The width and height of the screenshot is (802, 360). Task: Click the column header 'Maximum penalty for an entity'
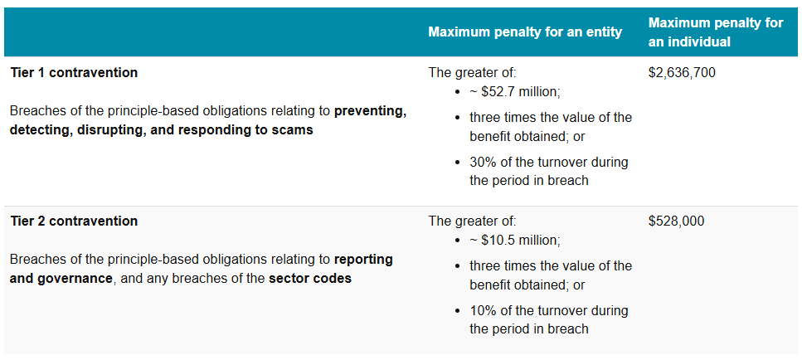tap(525, 32)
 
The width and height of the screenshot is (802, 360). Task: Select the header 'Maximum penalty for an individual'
tap(715, 32)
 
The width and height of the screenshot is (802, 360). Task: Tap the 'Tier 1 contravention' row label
tap(74, 72)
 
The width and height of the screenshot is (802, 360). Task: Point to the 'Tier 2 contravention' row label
tap(74, 221)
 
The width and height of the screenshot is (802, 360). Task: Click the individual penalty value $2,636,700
tap(681, 72)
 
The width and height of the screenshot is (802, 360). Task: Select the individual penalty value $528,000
tap(675, 221)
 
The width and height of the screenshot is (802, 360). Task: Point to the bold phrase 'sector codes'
tap(309, 278)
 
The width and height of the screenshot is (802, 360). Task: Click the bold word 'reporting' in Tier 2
tap(363, 259)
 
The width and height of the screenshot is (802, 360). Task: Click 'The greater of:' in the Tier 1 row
tap(472, 72)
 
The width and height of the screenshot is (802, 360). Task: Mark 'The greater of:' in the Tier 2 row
tap(472, 221)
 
